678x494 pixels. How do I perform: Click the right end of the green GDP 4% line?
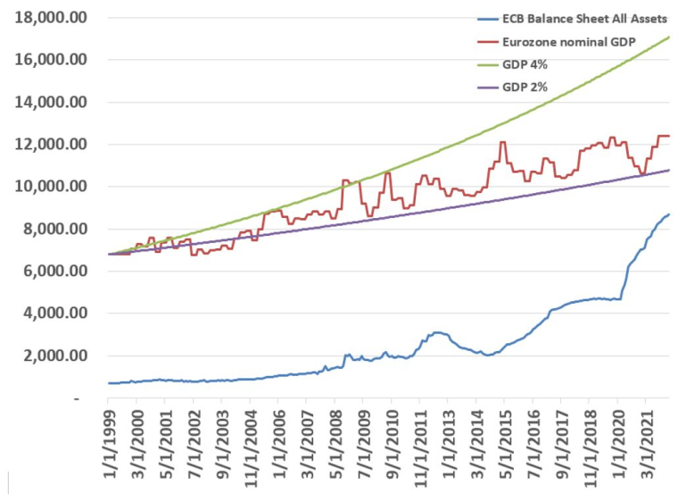(670, 37)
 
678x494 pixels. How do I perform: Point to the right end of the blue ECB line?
(670, 214)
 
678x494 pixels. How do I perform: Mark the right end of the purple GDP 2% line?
(670, 170)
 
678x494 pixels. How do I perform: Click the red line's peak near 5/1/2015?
(503, 142)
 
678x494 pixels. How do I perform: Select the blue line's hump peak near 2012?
(436, 332)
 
